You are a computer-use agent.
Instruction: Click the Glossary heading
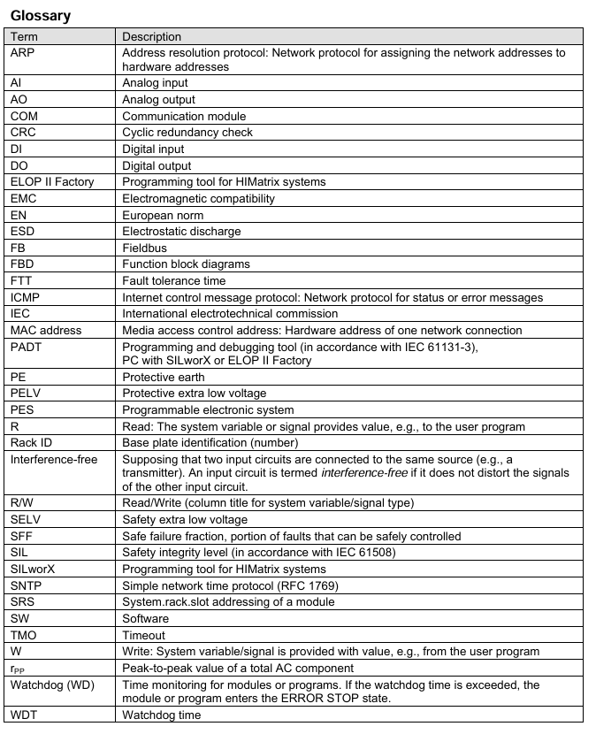tap(40, 15)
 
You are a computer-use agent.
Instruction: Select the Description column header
tap(151, 36)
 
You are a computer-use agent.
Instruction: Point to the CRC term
tap(23, 133)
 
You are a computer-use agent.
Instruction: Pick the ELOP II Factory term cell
tap(51, 182)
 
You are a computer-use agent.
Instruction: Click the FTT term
tap(21, 281)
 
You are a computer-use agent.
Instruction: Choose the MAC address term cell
tap(45, 331)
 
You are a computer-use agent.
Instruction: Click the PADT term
tap(27, 348)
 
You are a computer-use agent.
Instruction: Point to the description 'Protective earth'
tap(163, 378)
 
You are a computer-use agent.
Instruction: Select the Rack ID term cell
tap(34, 443)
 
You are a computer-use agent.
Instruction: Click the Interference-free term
tap(54, 460)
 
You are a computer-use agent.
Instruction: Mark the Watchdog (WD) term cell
tap(52, 685)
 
